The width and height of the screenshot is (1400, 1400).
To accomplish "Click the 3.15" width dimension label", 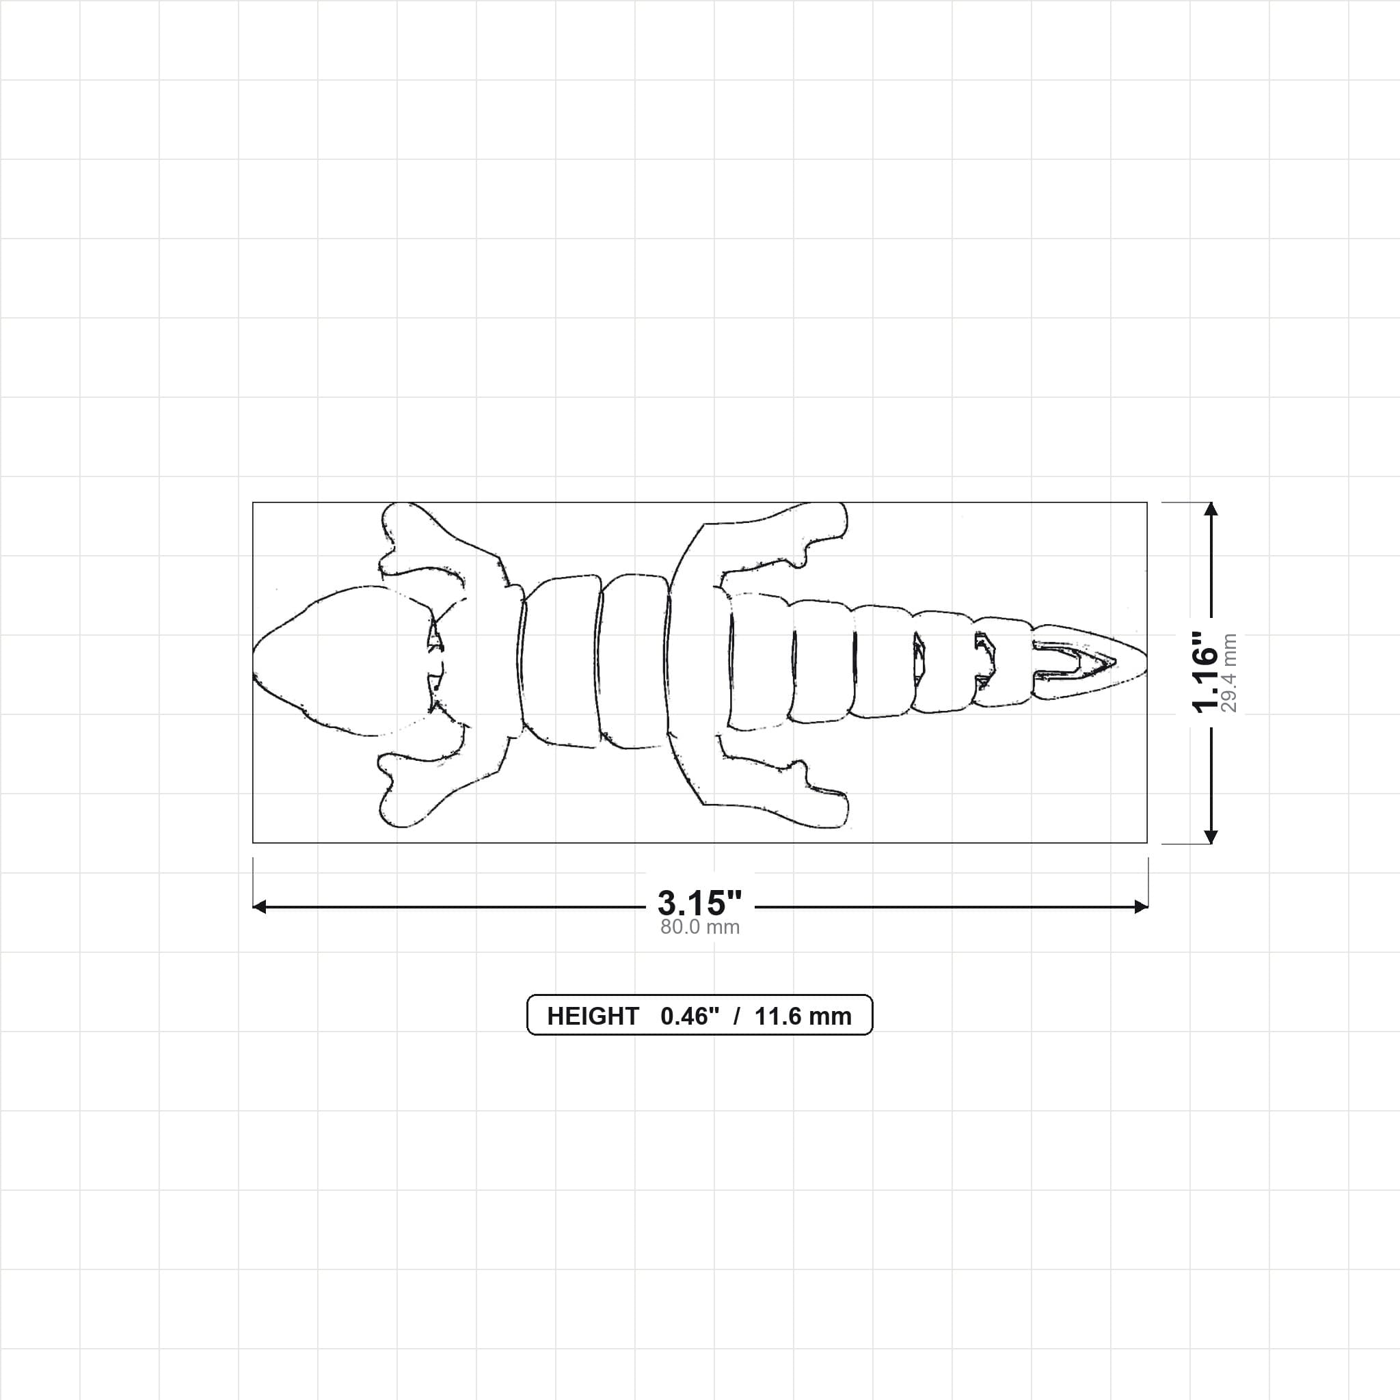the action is coord(699,903).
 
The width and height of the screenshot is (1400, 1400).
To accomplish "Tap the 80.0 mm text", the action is coord(699,928).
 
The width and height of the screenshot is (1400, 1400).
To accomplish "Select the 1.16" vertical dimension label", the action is coord(1206,672).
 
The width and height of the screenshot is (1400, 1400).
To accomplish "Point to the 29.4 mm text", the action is coord(1229,673).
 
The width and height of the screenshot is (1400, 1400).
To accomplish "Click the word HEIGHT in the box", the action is coord(593,1016).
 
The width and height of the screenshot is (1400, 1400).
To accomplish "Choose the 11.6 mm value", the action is coord(803,1016).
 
